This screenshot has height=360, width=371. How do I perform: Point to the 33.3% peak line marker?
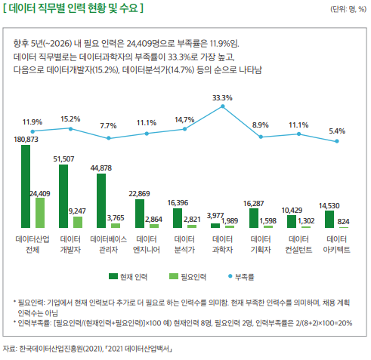pyautogui.click(x=222, y=107)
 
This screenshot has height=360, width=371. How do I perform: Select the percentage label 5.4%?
pyautogui.click(x=337, y=131)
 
